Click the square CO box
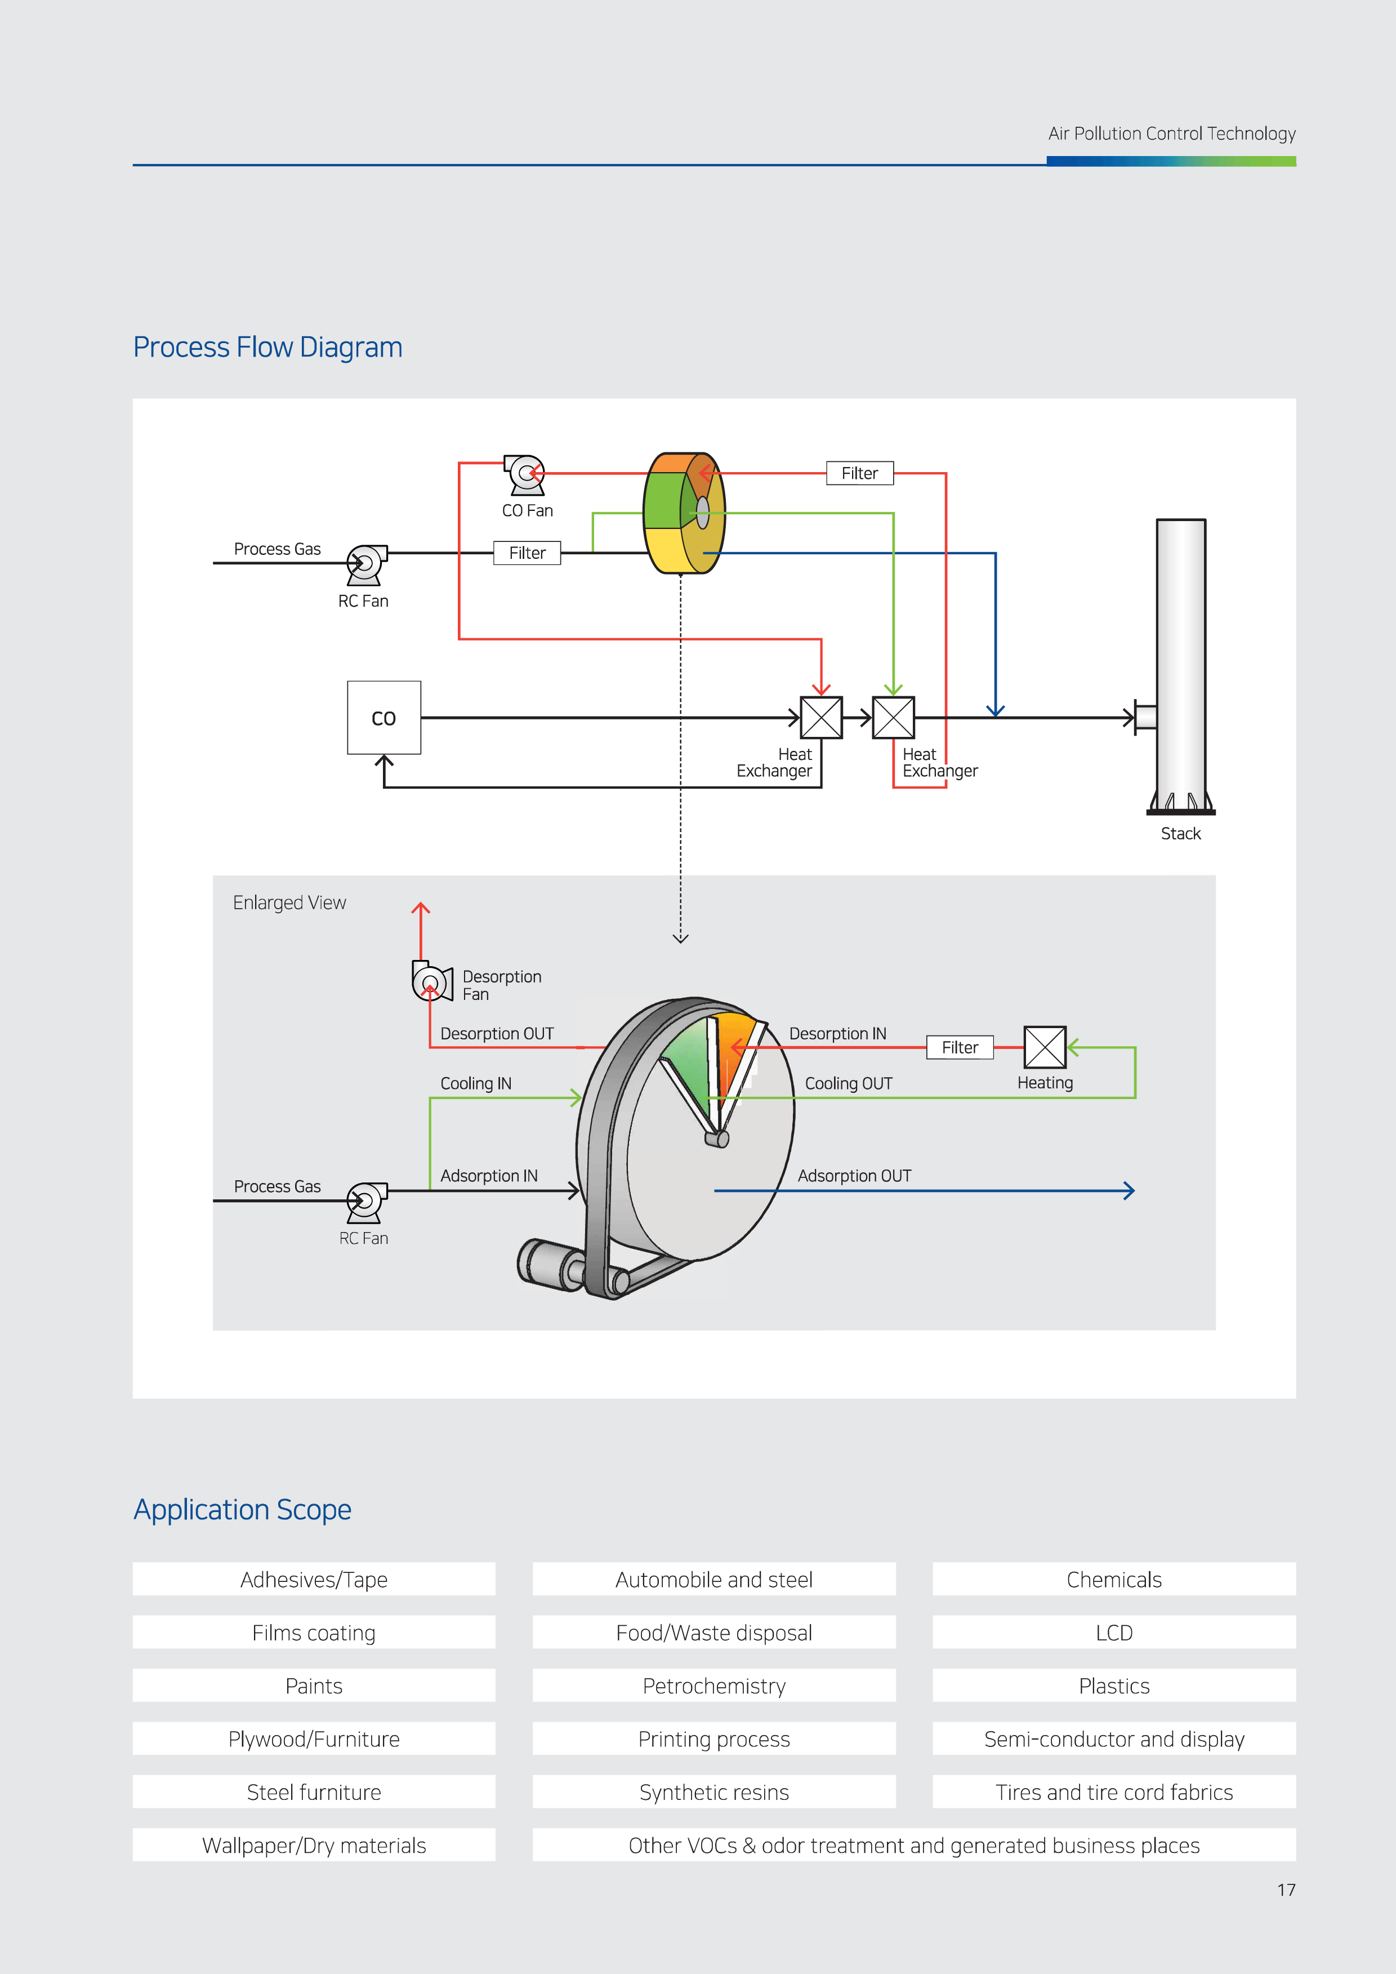click(x=383, y=717)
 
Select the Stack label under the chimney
click(x=1180, y=833)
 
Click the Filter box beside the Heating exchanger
click(x=960, y=1047)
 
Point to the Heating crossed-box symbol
click(x=1045, y=1047)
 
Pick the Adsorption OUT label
click(x=854, y=1175)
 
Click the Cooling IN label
click(x=475, y=1083)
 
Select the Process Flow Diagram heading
click(x=267, y=348)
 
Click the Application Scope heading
click(x=242, y=1510)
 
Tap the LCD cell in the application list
click(x=1114, y=1633)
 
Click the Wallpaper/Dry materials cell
click(x=314, y=1846)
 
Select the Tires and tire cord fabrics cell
click(x=1114, y=1793)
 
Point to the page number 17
click(x=1286, y=1889)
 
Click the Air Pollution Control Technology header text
click(x=1172, y=134)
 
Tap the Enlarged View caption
click(x=289, y=902)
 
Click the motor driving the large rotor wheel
click(x=550, y=1264)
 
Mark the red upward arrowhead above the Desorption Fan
click(x=420, y=909)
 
